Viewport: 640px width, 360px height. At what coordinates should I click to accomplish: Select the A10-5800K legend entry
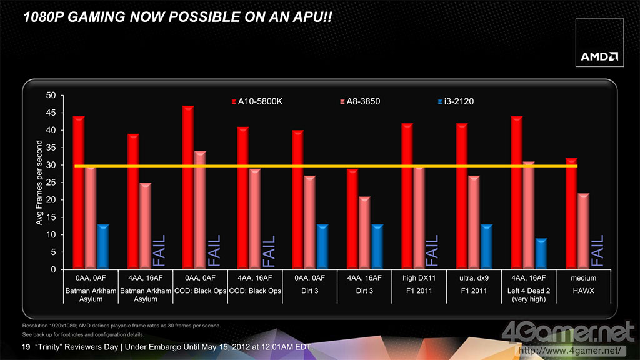click(257, 101)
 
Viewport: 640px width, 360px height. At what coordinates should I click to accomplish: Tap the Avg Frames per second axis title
click(38, 182)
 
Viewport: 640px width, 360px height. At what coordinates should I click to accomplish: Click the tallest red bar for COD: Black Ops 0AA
click(188, 187)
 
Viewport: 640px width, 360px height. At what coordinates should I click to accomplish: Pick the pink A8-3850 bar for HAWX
click(583, 231)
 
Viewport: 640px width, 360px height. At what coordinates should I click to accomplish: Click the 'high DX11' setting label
click(418, 278)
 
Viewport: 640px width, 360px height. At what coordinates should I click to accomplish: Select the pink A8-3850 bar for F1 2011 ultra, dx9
click(473, 222)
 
